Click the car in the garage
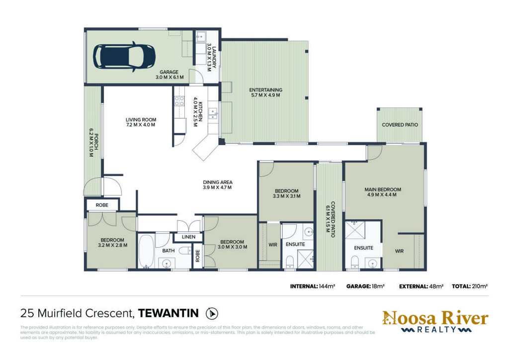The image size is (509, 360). pyautogui.click(x=124, y=57)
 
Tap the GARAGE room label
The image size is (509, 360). pyautogui.click(x=169, y=72)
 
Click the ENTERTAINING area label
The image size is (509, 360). pyautogui.click(x=265, y=90)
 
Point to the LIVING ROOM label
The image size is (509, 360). pyautogui.click(x=141, y=120)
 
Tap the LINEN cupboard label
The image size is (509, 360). pyautogui.click(x=188, y=237)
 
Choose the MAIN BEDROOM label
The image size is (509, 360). pyautogui.click(x=383, y=189)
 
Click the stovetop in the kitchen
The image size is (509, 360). pyautogui.click(x=179, y=101)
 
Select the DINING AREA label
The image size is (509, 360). pyautogui.click(x=218, y=182)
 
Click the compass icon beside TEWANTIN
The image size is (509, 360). pyautogui.click(x=212, y=314)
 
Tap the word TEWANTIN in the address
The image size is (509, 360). pyautogui.click(x=168, y=313)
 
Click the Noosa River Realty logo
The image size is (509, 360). pyautogui.click(x=435, y=322)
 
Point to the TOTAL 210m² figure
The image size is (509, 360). pyautogui.click(x=469, y=286)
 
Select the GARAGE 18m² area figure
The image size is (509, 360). pyautogui.click(x=365, y=286)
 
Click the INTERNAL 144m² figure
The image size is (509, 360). pyautogui.click(x=312, y=286)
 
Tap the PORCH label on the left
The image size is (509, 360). pyautogui.click(x=96, y=142)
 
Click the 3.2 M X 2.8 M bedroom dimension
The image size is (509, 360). pyautogui.click(x=113, y=246)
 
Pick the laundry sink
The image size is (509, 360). pyautogui.click(x=201, y=36)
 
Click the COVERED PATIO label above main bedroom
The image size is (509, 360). pyautogui.click(x=400, y=125)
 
